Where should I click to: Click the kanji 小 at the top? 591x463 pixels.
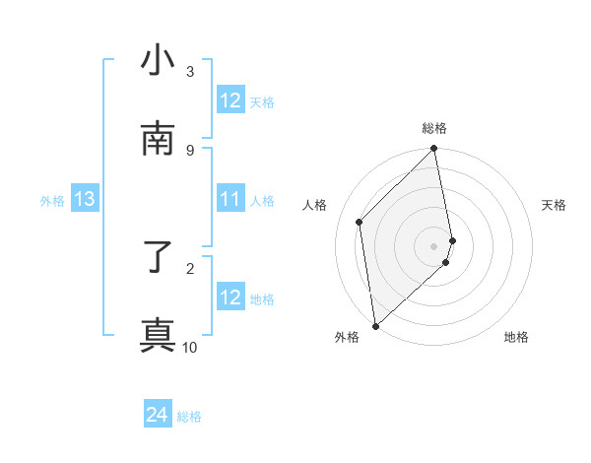pyautogui.click(x=159, y=61)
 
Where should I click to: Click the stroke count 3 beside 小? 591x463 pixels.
pyautogui.click(x=190, y=72)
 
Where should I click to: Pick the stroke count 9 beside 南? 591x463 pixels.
pyautogui.click(x=190, y=150)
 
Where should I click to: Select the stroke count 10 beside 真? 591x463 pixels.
pyautogui.click(x=190, y=347)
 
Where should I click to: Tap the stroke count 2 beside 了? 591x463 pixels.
pyautogui.click(x=190, y=268)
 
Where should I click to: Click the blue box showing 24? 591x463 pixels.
pyautogui.click(x=158, y=416)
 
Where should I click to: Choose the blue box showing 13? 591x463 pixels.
pyautogui.click(x=84, y=200)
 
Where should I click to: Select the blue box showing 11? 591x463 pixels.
pyautogui.click(x=230, y=200)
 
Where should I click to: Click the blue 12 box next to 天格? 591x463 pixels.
pyautogui.click(x=230, y=100)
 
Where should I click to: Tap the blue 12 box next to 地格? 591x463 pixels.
pyautogui.click(x=230, y=298)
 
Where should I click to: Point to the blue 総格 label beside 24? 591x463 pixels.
pyautogui.click(x=189, y=417)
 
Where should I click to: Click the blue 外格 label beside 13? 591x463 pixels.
pyautogui.click(x=52, y=201)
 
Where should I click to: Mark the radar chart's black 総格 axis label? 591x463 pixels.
pyautogui.click(x=434, y=128)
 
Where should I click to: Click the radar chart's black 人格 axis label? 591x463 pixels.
pyautogui.click(x=315, y=205)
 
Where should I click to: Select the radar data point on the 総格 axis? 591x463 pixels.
pyautogui.click(x=434, y=150)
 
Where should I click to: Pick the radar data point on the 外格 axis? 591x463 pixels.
pyautogui.click(x=375, y=325)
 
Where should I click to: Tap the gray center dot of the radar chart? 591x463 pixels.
pyautogui.click(x=434, y=245)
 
